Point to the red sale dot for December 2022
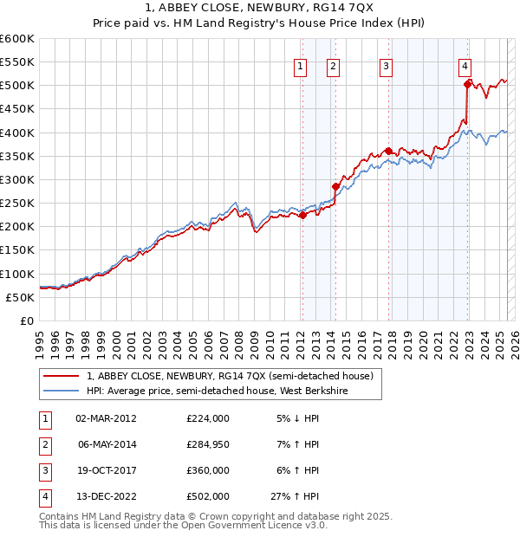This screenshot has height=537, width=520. pos(468,84)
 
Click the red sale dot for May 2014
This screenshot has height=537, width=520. pos(335,186)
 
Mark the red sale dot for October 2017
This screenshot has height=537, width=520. pos(388,151)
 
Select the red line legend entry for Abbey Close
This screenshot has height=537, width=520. pos(230,376)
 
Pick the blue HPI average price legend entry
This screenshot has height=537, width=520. pos(233,391)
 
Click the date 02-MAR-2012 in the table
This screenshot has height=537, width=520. pos(106,418)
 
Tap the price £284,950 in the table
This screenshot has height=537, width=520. pos(208,444)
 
